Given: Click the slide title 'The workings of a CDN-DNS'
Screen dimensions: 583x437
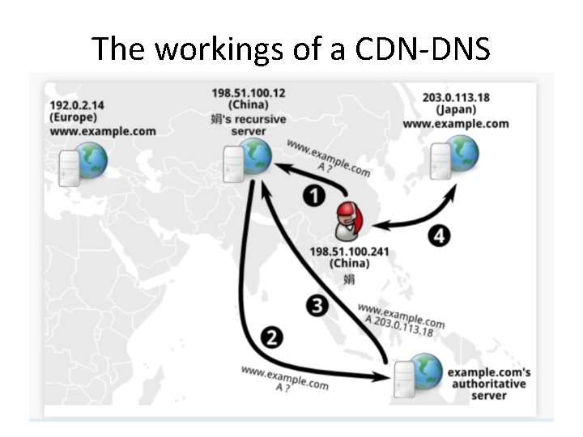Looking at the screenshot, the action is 291,49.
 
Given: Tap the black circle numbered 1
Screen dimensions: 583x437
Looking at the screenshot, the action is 315,195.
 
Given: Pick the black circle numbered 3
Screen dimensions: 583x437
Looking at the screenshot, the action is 318,306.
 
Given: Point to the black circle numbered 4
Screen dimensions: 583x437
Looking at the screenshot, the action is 438,236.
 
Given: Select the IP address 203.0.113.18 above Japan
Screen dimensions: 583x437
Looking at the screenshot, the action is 455,98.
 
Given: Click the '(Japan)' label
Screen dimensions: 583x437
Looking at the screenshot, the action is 455,110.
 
